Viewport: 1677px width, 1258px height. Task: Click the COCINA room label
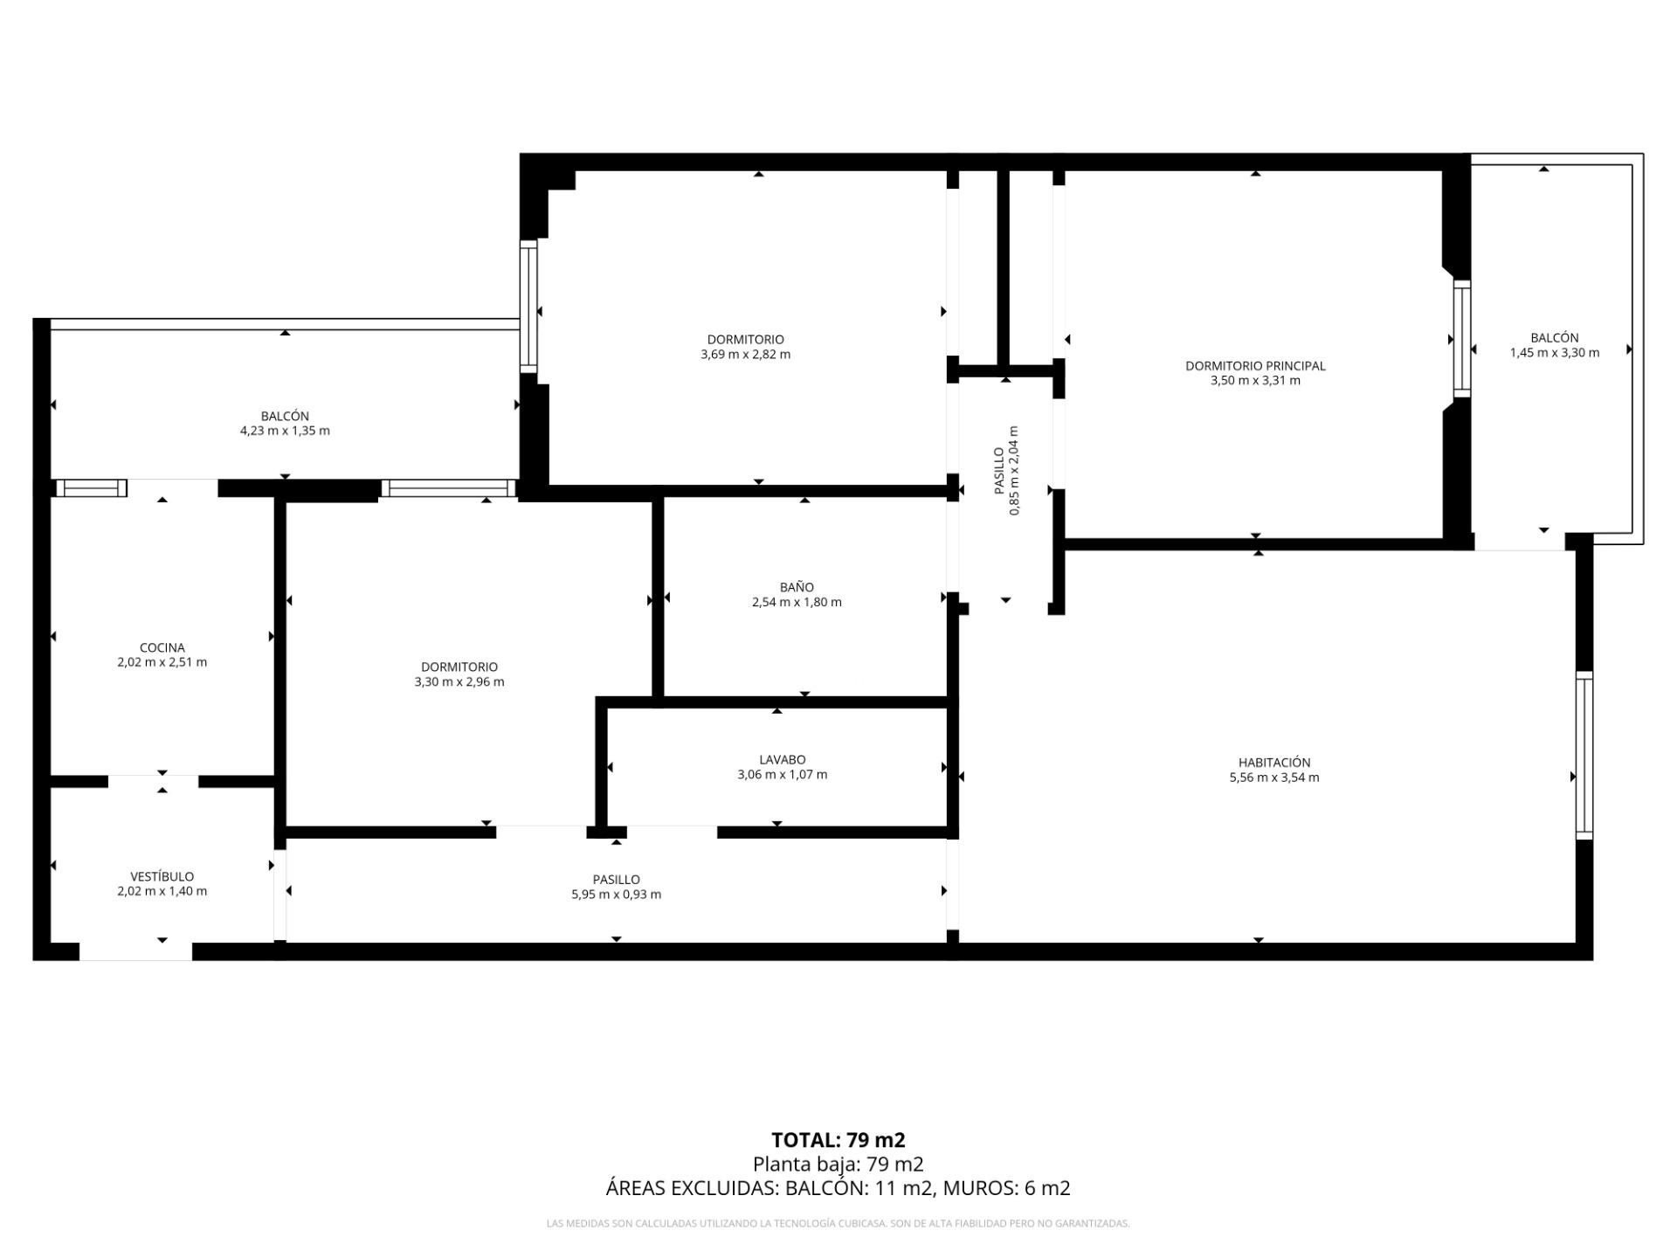pos(162,647)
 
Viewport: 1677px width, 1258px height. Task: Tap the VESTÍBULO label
pos(162,876)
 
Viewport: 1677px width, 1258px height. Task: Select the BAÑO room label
pos(797,587)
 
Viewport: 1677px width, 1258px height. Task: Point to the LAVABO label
pos(783,760)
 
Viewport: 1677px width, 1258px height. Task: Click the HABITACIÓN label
pos(1274,763)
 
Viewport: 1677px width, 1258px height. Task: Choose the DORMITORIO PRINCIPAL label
pos(1255,366)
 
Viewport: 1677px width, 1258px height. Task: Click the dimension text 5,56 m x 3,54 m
pos(1274,778)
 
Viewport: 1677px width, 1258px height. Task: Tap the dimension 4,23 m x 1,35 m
pos(285,431)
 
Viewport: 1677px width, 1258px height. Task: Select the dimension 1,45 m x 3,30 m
pos(1555,353)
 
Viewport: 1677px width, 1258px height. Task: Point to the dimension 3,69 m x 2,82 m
pos(746,355)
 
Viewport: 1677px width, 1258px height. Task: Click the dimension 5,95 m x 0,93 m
pos(617,895)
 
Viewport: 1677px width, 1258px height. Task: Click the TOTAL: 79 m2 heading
pos(838,1140)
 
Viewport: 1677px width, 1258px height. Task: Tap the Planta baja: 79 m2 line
pos(838,1164)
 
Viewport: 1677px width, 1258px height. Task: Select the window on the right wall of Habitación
pos(1584,756)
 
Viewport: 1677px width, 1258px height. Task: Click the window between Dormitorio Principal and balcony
pos(1462,339)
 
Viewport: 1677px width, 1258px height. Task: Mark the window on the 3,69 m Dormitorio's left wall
pos(528,306)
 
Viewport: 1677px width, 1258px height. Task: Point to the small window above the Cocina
pos(91,487)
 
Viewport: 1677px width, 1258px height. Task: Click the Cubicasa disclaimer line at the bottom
pos(838,1224)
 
